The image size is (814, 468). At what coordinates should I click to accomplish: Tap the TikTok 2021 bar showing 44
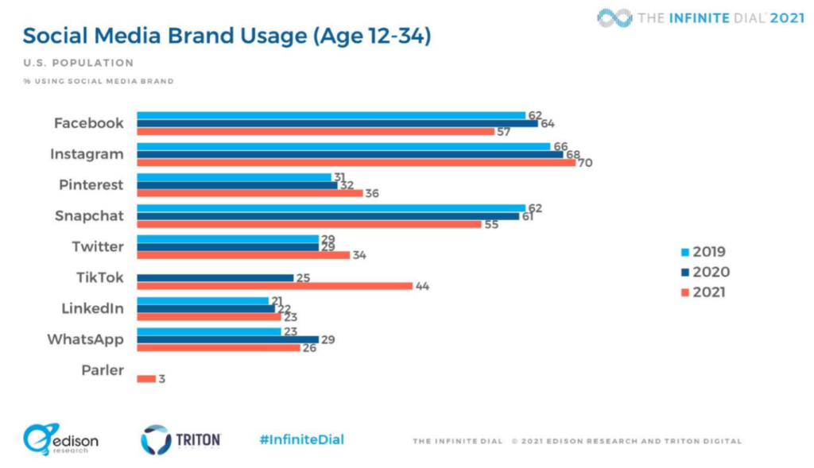[274, 285]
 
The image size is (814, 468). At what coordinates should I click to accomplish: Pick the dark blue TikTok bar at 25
[215, 277]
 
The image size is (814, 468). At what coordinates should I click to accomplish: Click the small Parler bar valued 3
[146, 378]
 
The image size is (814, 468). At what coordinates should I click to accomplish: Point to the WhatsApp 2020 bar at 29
[227, 339]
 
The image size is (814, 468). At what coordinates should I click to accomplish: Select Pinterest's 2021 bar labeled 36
[250, 193]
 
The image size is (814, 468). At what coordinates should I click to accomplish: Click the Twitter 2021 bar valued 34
[243, 255]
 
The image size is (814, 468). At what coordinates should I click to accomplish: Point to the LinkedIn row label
[92, 308]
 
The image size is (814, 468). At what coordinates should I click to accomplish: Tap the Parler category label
[103, 369]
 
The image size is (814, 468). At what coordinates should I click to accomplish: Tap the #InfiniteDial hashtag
[301, 439]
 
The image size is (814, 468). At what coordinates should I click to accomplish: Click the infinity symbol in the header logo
[614, 17]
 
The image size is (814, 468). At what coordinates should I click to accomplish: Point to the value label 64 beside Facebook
[547, 123]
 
